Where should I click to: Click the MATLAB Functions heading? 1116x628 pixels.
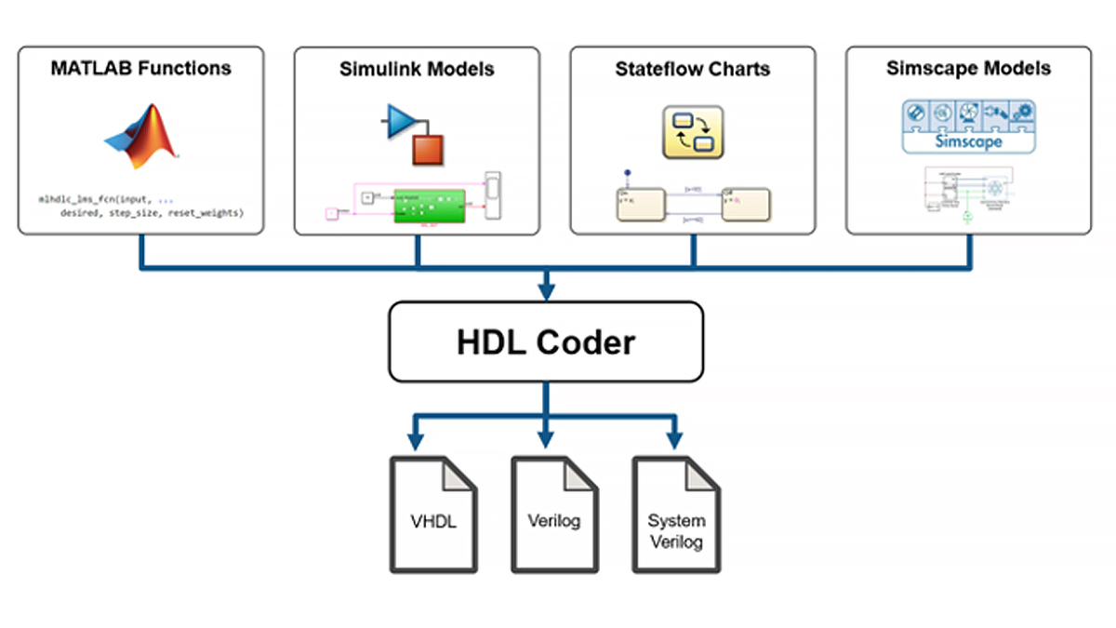tap(141, 68)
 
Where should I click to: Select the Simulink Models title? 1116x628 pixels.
tap(417, 69)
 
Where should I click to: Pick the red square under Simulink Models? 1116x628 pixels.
tap(429, 148)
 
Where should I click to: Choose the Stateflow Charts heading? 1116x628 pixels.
tap(692, 69)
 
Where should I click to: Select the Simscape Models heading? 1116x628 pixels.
tap(968, 68)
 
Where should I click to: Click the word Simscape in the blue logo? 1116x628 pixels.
tap(968, 142)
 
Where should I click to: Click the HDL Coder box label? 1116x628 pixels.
tap(546, 341)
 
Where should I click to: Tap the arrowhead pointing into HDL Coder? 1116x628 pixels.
tap(546, 292)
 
